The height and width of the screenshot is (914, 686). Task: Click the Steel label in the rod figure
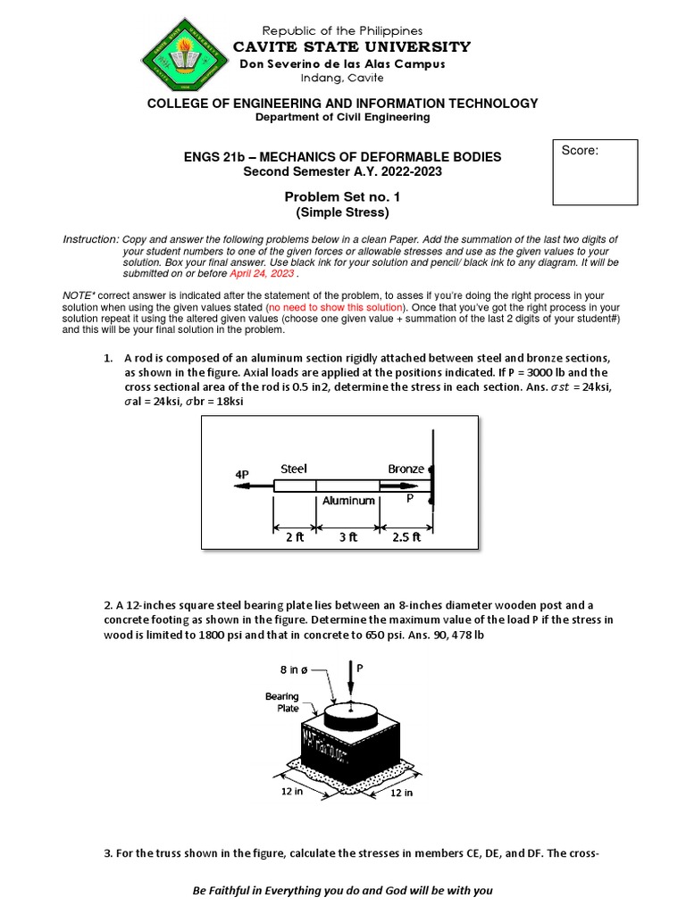click(294, 469)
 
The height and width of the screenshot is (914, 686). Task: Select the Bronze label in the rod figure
click(406, 469)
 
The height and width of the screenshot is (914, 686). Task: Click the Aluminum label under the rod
click(348, 502)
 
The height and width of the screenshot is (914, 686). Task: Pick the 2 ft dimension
click(294, 537)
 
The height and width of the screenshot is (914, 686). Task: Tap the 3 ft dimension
click(348, 537)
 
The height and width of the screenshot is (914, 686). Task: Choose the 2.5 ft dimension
click(406, 537)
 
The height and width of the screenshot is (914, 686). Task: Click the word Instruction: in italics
click(90, 241)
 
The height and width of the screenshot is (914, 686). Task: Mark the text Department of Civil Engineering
click(342, 117)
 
